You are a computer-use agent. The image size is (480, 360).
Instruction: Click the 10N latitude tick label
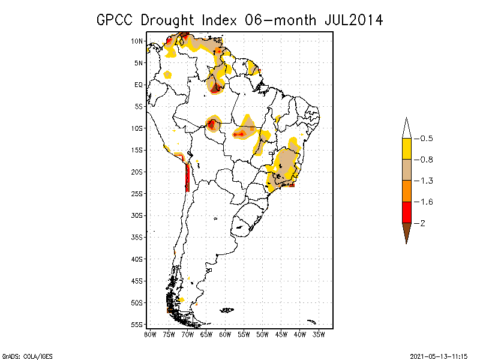pyautogui.click(x=137, y=41)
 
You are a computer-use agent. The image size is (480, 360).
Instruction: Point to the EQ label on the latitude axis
pyautogui.click(x=139, y=85)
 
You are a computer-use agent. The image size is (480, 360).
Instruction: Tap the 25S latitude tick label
pyautogui.click(x=137, y=193)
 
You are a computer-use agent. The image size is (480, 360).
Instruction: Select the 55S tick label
pyautogui.click(x=137, y=324)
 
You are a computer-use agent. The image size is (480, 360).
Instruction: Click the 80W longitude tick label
pyautogui.click(x=150, y=334)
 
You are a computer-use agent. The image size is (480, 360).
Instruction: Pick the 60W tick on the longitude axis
pyautogui.click(x=225, y=334)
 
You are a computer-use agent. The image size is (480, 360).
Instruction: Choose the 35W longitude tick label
pyautogui.click(x=319, y=334)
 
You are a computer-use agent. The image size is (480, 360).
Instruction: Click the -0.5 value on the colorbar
pyautogui.click(x=427, y=139)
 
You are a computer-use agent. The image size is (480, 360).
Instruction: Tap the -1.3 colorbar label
pyautogui.click(x=427, y=181)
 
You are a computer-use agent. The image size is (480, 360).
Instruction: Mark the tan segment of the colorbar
pyautogui.click(x=406, y=170)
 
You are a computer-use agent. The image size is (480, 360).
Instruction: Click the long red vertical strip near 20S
pyautogui.click(x=188, y=176)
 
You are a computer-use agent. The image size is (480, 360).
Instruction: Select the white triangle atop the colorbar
pyautogui.click(x=406, y=127)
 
